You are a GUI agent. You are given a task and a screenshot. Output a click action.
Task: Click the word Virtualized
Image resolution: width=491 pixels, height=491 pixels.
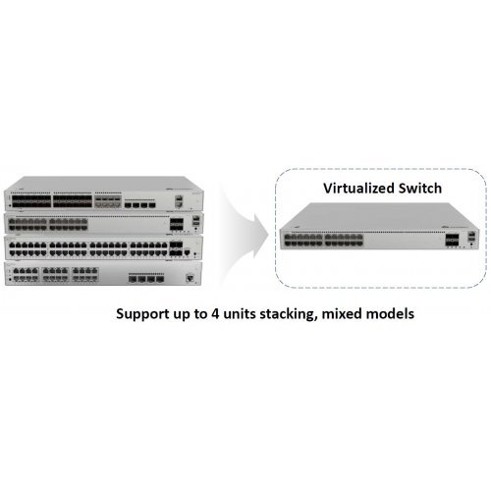(x=358, y=189)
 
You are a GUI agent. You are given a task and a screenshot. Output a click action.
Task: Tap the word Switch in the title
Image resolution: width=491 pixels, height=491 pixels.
(x=420, y=189)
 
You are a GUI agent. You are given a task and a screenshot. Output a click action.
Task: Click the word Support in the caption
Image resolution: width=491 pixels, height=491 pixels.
(x=142, y=314)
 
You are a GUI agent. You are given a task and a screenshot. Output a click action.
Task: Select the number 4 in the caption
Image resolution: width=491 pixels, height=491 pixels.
(x=215, y=313)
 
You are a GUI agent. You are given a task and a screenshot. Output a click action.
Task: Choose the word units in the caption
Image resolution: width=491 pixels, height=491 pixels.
(x=240, y=313)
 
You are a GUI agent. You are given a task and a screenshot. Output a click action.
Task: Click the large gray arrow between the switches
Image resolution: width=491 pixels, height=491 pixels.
(x=244, y=234)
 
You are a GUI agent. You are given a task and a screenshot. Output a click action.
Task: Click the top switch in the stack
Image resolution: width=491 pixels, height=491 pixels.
(x=103, y=193)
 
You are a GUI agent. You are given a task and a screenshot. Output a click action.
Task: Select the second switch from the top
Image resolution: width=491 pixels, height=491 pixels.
(x=103, y=223)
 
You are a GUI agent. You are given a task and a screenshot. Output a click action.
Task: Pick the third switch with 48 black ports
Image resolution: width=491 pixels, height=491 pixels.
(x=103, y=247)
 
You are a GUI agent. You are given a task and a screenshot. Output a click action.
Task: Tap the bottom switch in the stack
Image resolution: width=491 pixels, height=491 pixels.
(x=103, y=274)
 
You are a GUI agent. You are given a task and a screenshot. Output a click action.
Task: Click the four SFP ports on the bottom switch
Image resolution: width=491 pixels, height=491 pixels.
(x=146, y=279)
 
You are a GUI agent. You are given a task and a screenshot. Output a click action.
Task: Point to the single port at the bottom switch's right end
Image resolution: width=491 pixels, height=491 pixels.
(x=190, y=278)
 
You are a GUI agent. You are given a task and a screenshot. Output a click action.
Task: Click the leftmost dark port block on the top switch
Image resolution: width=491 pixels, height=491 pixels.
(x=31, y=201)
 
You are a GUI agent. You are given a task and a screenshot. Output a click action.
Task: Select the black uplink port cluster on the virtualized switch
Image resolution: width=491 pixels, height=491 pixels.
(x=452, y=241)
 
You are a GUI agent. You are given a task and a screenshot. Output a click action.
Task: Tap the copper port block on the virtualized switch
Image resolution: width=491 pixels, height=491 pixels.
(x=324, y=241)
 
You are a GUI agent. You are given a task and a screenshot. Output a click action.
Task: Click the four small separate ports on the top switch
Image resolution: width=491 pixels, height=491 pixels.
(x=139, y=205)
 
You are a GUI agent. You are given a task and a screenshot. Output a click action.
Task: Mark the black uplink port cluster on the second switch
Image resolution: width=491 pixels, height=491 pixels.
(x=177, y=224)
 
